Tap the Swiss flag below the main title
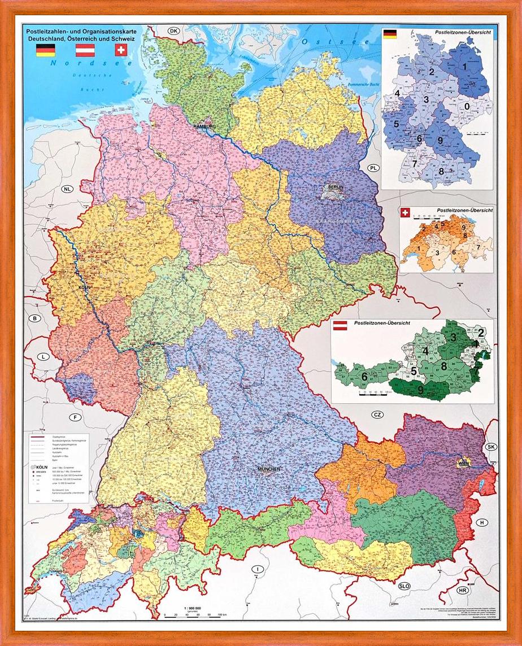(x=120, y=50)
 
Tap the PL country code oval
(x=373, y=168)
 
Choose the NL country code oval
(x=68, y=189)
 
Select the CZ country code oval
(x=362, y=415)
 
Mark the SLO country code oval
(x=404, y=586)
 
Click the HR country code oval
(x=463, y=590)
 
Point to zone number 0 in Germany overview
(x=467, y=106)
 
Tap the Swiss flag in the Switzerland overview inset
(x=405, y=212)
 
